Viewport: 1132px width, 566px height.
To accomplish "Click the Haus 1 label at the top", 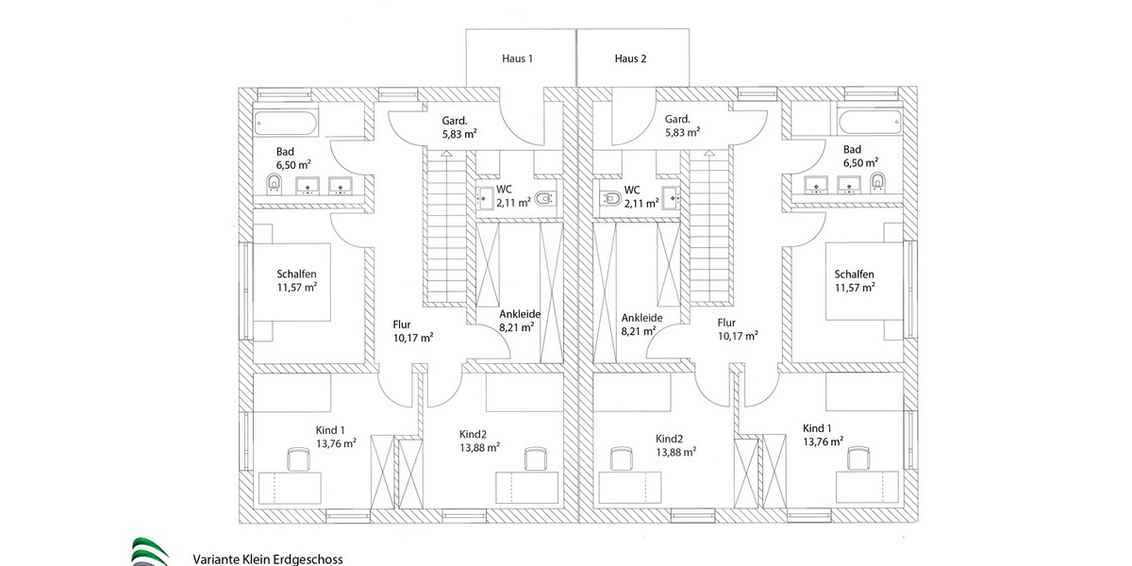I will (x=517, y=58).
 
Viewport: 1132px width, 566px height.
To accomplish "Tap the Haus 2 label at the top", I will (x=630, y=58).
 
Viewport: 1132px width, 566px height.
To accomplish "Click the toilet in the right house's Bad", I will (x=877, y=181).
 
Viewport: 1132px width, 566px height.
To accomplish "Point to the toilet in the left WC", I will (x=544, y=199).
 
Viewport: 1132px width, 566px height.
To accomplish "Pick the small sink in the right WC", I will (x=669, y=196).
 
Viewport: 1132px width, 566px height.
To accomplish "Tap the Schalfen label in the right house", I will (x=854, y=274).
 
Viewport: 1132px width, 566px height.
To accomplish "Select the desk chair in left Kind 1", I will (x=299, y=458).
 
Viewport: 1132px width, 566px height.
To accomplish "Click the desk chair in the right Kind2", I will (x=620, y=458).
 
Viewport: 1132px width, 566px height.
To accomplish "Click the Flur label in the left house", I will (x=403, y=324).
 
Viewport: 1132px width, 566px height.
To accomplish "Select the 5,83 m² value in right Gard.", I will (x=680, y=133).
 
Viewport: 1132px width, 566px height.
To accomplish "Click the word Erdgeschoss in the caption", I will (x=308, y=558).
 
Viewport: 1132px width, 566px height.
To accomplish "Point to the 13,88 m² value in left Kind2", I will (x=479, y=448).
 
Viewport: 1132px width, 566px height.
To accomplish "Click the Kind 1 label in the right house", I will (x=818, y=426).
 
